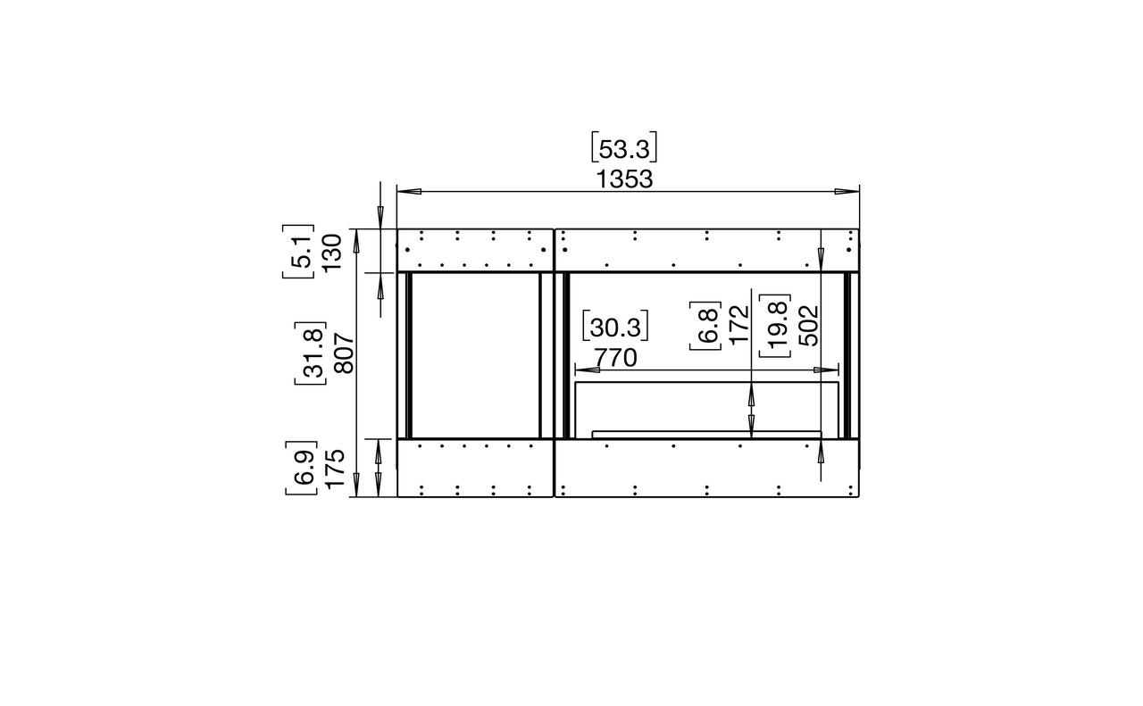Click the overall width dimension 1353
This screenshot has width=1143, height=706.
[x=624, y=179]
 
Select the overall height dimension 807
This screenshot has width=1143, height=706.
[x=346, y=353]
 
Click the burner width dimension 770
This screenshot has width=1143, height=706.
[x=616, y=358]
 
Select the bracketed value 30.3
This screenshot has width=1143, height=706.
[x=615, y=327]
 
